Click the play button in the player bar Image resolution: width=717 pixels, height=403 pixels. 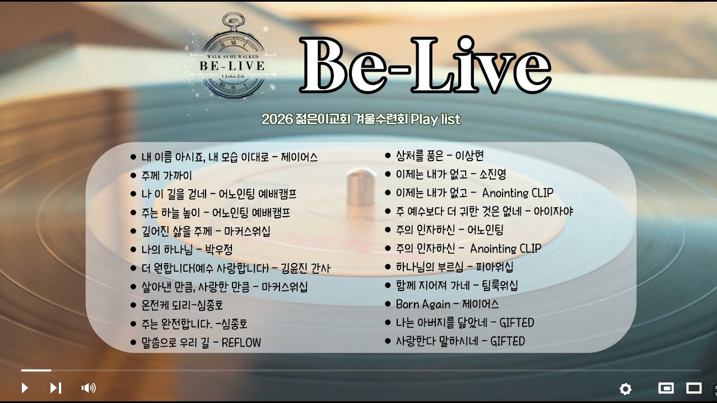pos(25,387)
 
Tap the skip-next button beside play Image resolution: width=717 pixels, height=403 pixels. pos(55,387)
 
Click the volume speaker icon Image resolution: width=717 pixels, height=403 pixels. pos(89,387)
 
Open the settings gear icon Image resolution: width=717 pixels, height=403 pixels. pos(625,388)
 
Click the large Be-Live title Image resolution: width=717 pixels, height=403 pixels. pos(426,66)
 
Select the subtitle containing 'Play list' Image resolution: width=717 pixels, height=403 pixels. pos(361,119)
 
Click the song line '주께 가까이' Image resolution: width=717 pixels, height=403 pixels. pos(166,175)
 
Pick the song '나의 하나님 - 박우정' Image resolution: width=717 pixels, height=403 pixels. pos(187,250)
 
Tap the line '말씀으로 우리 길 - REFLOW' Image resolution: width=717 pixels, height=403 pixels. pos(201,343)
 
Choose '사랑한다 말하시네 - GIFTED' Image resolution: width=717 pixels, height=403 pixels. pos(460,341)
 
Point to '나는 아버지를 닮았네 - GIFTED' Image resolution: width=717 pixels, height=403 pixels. pos(464,322)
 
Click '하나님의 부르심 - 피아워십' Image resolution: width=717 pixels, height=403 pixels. pos(454,267)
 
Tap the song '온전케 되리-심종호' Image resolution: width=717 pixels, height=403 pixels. pos(182,305)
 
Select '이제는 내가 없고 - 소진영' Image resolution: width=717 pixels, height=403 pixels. pos(450,175)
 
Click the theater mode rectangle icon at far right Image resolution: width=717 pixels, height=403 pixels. pos(694,388)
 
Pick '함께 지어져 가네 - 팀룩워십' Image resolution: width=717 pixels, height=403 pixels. pos(457,285)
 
